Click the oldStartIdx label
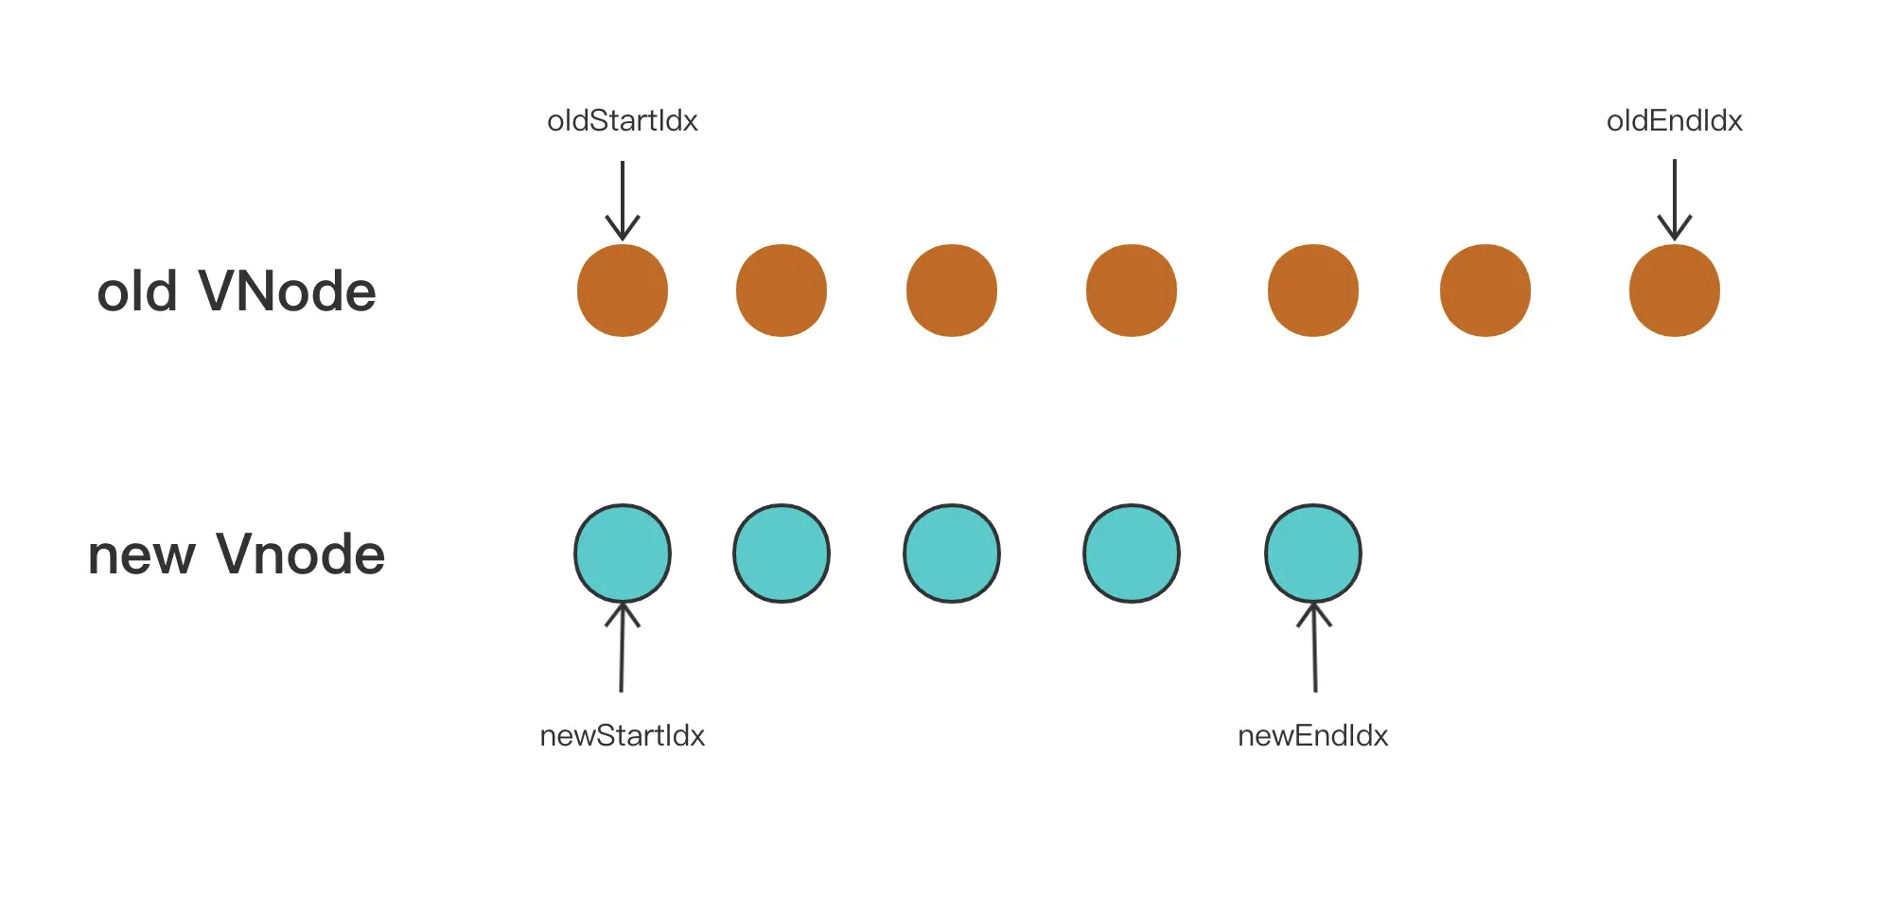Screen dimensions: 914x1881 [623, 121]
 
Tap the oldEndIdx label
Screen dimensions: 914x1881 [1674, 121]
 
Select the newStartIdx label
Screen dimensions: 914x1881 [622, 735]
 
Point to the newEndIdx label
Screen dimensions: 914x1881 [1312, 735]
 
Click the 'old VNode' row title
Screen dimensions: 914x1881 [237, 290]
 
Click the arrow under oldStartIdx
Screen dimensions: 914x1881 [623, 200]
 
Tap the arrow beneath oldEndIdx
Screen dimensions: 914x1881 [1674, 200]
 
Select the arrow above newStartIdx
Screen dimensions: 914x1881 [622, 648]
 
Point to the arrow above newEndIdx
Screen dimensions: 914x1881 [1314, 648]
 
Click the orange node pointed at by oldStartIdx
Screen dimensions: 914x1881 [623, 290]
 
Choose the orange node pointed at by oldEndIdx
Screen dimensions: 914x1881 [1674, 290]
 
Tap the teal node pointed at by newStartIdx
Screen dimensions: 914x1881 [623, 554]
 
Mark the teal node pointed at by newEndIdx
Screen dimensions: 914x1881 [1313, 554]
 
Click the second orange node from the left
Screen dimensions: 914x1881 [782, 290]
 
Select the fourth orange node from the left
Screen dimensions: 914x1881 [1132, 290]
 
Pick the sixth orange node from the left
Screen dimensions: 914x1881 [1485, 290]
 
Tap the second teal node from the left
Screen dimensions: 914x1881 [782, 554]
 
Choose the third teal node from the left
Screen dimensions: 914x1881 [952, 554]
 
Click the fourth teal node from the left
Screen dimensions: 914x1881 [1132, 554]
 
